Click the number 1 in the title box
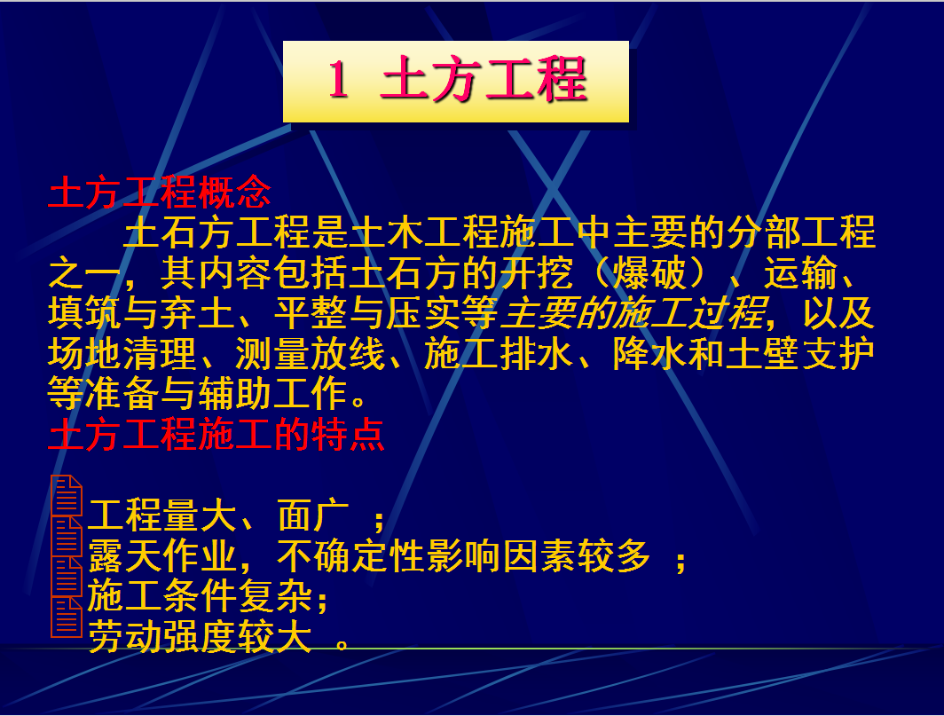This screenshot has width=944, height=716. [x=338, y=80]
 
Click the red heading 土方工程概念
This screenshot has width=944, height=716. [x=160, y=193]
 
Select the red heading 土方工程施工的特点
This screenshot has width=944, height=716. [x=216, y=435]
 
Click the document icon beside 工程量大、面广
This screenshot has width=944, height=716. [x=67, y=495]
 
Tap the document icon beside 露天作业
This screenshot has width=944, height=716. [x=67, y=536]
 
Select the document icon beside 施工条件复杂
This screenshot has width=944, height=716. [x=67, y=577]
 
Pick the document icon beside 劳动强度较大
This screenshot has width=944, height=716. [x=67, y=618]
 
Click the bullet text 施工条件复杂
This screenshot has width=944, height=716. [x=200, y=596]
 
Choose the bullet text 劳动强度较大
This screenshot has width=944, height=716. [x=200, y=636]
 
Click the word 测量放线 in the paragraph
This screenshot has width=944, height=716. [x=310, y=354]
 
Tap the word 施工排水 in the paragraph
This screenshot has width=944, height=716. [x=499, y=354]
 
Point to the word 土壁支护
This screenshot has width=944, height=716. [x=799, y=354]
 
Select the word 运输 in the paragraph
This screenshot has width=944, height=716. [x=800, y=273]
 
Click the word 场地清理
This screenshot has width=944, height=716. [x=122, y=354]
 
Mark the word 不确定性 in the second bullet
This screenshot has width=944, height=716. [x=350, y=555]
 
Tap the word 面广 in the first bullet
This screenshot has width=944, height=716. [x=314, y=515]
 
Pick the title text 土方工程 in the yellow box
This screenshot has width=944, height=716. [x=484, y=80]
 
